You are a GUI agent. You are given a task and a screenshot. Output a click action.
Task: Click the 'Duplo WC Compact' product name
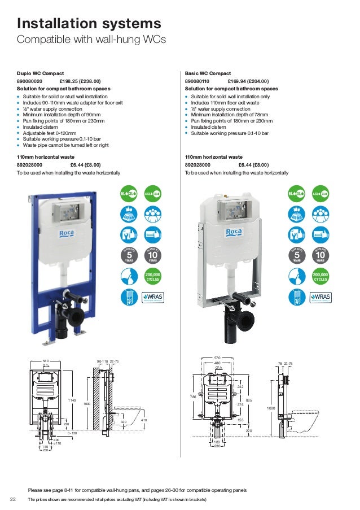[40, 73]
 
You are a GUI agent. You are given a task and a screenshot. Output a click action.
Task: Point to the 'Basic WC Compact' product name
[208, 73]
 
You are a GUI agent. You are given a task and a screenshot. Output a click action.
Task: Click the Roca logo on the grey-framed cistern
[234, 232]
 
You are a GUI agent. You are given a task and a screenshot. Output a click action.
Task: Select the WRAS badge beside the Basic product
[321, 297]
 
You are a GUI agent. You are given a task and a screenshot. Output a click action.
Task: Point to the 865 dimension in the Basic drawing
[249, 400]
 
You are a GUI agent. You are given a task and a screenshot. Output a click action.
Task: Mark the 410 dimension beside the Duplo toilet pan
[143, 420]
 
